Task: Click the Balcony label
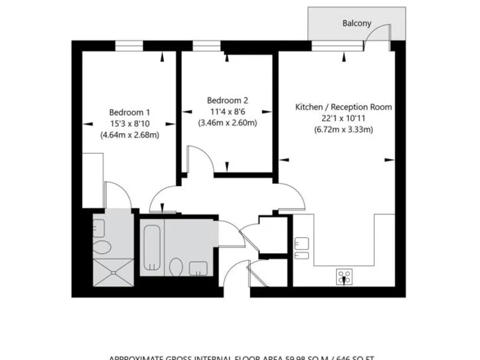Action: tap(357, 23)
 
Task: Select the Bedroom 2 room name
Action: tap(227, 100)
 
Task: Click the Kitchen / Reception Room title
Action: tap(344, 107)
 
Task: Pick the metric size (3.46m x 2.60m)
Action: tap(227, 122)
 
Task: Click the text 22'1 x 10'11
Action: tap(344, 118)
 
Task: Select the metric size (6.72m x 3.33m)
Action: tap(344, 130)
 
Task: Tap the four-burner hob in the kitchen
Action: tap(344, 276)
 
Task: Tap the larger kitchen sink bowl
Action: tap(302, 242)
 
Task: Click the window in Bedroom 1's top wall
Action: tap(129, 45)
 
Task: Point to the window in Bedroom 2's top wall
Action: tap(202, 45)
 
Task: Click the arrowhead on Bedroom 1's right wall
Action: tap(173, 121)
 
